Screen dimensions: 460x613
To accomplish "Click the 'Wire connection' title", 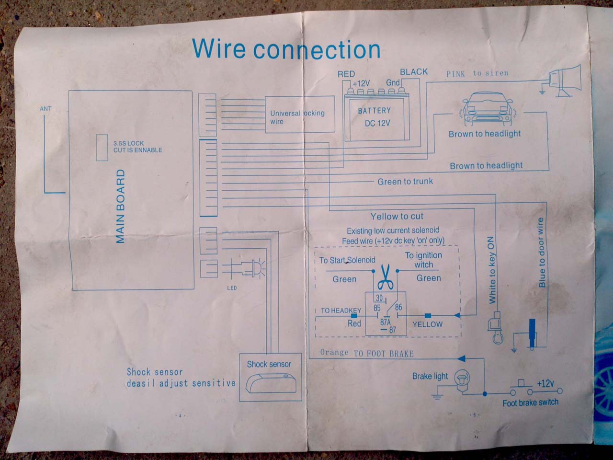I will (286, 49).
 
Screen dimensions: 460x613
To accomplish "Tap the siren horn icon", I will (565, 80).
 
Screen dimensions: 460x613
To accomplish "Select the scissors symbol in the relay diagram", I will (385, 278).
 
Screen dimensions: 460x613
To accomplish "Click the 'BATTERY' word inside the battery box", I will (374, 111).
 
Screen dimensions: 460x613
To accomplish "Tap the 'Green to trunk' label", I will (405, 182).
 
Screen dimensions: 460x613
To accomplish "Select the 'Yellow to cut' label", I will (397, 217).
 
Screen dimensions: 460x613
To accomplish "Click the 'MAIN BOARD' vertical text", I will (121, 206).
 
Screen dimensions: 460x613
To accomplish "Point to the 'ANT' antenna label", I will (45, 109).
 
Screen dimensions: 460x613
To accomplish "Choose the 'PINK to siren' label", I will (477, 73).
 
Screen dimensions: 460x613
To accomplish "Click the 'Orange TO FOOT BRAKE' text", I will (366, 353).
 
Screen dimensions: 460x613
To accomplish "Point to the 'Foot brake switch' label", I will (530, 403).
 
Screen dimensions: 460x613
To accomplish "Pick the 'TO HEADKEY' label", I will (341, 310).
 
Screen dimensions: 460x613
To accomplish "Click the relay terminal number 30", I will (379, 298).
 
